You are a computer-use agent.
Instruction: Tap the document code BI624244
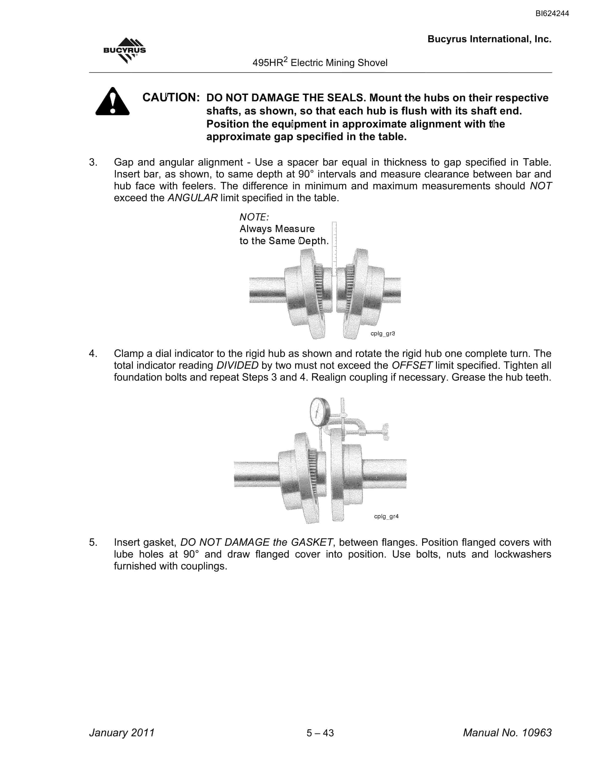point(552,14)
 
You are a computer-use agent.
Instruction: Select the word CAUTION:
point(171,98)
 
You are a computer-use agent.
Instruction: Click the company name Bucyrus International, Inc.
point(489,39)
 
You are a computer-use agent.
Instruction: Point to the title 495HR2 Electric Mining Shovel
point(320,62)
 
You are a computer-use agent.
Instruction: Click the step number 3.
point(93,162)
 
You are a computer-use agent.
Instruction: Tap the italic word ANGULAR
point(193,198)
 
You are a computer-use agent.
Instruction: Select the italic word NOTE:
point(254,217)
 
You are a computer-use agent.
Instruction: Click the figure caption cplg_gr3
point(382,333)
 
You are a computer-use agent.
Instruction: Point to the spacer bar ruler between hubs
point(334,249)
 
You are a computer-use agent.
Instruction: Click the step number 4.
point(93,353)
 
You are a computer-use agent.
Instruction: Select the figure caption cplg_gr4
point(386,516)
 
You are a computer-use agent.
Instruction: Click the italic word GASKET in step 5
point(312,543)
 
